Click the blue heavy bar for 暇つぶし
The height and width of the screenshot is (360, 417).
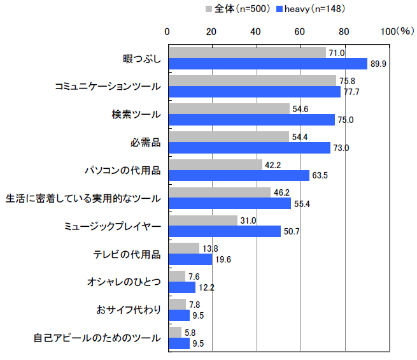tap(267, 64)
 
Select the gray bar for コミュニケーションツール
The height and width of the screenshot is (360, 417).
tap(251, 80)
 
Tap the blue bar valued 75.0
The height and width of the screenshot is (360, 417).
tap(251, 120)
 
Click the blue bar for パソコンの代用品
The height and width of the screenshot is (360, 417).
tap(238, 175)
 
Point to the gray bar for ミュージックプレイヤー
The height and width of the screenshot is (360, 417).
tap(202, 220)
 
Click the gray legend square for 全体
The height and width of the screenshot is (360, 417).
tap(208, 9)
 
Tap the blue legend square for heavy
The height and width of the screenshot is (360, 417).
tap(279, 9)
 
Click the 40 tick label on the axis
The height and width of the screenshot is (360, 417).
tap(255, 31)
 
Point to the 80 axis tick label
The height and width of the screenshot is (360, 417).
tap(344, 31)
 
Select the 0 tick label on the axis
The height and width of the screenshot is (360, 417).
tap(167, 31)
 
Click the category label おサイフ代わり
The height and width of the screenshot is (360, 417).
tap(129, 310)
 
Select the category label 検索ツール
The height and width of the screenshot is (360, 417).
tap(136, 115)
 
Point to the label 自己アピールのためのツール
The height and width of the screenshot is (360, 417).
tap(97, 338)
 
